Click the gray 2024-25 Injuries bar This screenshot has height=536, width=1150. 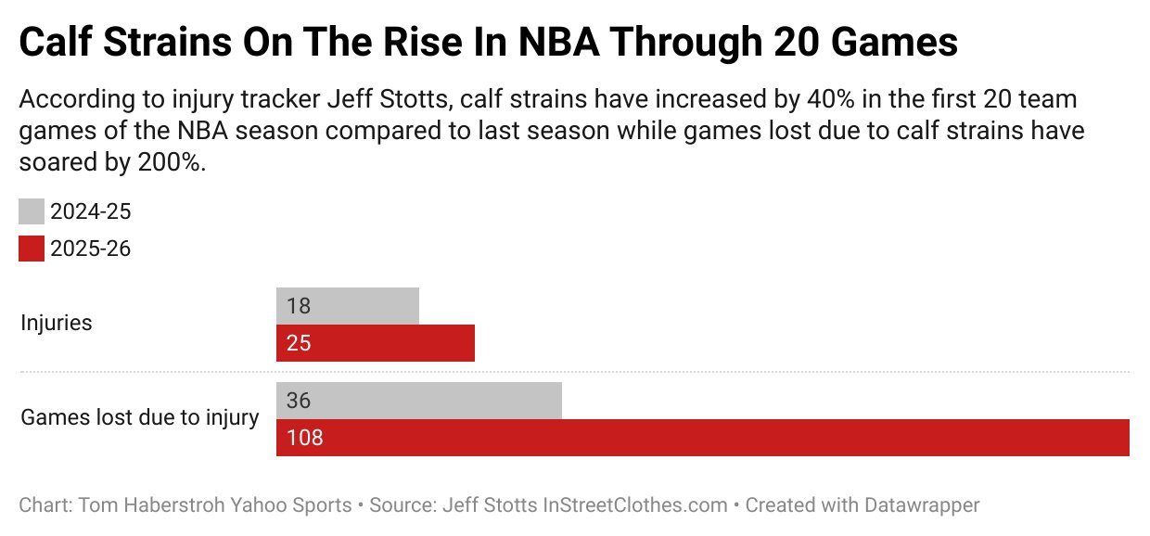(348, 306)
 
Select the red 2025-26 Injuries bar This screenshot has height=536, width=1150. (376, 343)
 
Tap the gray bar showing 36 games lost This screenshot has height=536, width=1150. (419, 401)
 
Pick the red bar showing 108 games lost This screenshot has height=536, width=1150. (702, 438)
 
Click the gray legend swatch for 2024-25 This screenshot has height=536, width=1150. (32, 212)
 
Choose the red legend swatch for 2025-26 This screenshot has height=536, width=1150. (32, 249)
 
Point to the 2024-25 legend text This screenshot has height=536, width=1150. (91, 212)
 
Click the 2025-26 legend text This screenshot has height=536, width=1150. (91, 249)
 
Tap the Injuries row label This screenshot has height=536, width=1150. (57, 324)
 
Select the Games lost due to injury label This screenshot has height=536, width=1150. (140, 417)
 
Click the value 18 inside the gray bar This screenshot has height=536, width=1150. (298, 306)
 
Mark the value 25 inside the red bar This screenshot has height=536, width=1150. (298, 343)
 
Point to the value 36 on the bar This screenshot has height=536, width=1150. (299, 401)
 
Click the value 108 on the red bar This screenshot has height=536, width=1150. (304, 438)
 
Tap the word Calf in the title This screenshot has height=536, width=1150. (59, 44)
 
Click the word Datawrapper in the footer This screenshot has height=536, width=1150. (908, 505)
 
